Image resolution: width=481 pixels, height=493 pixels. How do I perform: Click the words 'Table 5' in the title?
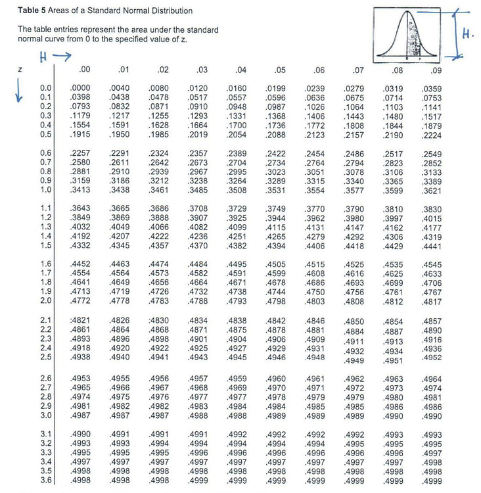tap(30, 11)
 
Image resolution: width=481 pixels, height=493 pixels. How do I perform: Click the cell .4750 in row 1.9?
tap(315, 291)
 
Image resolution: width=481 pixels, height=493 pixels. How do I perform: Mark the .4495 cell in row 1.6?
tap(237, 264)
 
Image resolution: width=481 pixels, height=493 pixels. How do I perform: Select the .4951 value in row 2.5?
tap(393, 361)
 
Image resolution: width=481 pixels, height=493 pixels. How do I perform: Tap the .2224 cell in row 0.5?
tap(432, 135)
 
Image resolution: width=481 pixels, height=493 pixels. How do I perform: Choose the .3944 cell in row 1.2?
tap(276, 217)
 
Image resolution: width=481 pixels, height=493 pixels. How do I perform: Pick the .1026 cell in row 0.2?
tap(315, 107)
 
